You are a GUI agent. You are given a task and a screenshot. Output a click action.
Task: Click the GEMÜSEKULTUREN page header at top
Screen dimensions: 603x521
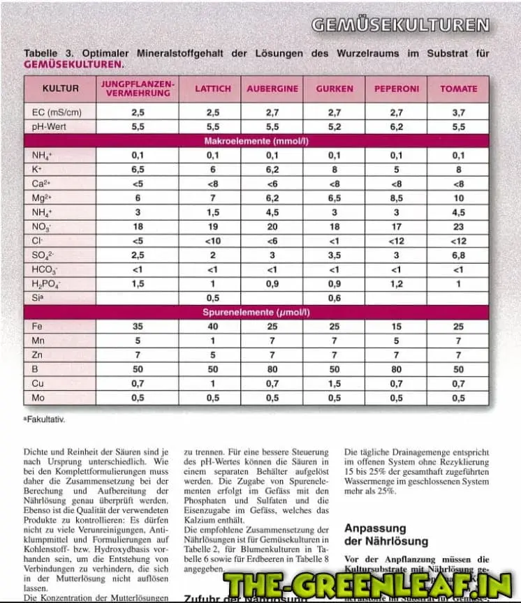(400, 25)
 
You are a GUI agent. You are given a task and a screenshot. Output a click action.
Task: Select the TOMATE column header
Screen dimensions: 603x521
(458, 89)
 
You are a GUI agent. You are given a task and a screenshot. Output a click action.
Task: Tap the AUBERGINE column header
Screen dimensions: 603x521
(272, 89)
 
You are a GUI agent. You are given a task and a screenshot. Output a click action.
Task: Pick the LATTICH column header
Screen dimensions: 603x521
(212, 89)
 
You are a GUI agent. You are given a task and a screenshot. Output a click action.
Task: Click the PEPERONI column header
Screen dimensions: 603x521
(397, 89)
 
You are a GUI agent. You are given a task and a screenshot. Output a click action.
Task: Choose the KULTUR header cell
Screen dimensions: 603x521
(60, 89)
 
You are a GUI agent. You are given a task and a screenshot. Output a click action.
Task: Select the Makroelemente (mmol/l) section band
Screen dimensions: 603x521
(256, 141)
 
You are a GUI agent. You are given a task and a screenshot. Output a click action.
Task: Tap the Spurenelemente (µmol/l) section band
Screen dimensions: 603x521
(256, 312)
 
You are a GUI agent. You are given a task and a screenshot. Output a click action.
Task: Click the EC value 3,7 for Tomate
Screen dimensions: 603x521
(458, 112)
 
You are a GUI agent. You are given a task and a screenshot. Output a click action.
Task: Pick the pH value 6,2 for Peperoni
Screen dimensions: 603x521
(397, 127)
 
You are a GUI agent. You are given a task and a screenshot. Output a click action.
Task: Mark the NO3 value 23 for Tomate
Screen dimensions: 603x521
(458, 227)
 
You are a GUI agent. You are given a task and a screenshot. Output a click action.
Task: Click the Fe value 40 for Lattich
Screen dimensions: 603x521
(212, 327)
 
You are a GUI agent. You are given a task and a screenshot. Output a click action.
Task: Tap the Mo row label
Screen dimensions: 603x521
(38, 398)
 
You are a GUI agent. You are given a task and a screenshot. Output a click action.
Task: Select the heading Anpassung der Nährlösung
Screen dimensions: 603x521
(386, 535)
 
